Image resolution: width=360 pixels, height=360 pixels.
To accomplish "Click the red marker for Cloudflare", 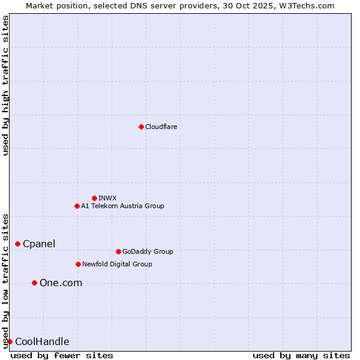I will pyautogui.click(x=141, y=127).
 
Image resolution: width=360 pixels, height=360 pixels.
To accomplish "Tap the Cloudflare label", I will pyautogui.click(x=161, y=127).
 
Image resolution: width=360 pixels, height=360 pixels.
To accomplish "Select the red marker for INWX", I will pyautogui.click(x=94, y=198).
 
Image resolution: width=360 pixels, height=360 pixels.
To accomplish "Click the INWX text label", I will pyautogui.click(x=107, y=198).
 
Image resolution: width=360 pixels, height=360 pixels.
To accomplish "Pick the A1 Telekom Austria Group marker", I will pyautogui.click(x=77, y=206).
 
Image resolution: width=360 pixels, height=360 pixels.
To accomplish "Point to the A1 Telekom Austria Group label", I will pyautogui.click(x=122, y=206).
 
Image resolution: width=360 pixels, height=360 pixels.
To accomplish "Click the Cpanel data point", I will pyautogui.click(x=17, y=244).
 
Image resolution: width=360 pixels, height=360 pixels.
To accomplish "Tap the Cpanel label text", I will pyautogui.click(x=39, y=244).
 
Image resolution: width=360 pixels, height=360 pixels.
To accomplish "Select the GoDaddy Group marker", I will pyautogui.click(x=118, y=251).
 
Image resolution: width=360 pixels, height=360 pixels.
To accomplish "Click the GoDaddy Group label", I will pyautogui.click(x=148, y=251).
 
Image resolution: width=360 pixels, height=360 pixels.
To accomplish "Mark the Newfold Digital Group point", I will pyautogui.click(x=78, y=264).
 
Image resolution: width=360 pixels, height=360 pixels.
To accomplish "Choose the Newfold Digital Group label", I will pyautogui.click(x=117, y=264).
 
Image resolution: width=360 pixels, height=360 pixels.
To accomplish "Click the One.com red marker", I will pyautogui.click(x=34, y=283).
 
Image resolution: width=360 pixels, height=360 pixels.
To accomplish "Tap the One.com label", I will pyautogui.click(x=61, y=283).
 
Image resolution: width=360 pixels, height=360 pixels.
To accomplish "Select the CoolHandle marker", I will pyautogui.click(x=10, y=341).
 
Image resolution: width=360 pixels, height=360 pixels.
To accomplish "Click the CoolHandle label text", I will pyautogui.click(x=42, y=342).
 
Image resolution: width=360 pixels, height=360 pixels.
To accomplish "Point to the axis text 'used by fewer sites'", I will pyautogui.click(x=62, y=355).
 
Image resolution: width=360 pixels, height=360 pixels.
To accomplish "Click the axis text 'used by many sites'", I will pyautogui.click(x=301, y=355).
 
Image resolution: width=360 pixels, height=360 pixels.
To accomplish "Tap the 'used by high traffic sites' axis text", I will pyautogui.click(x=5, y=85).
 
